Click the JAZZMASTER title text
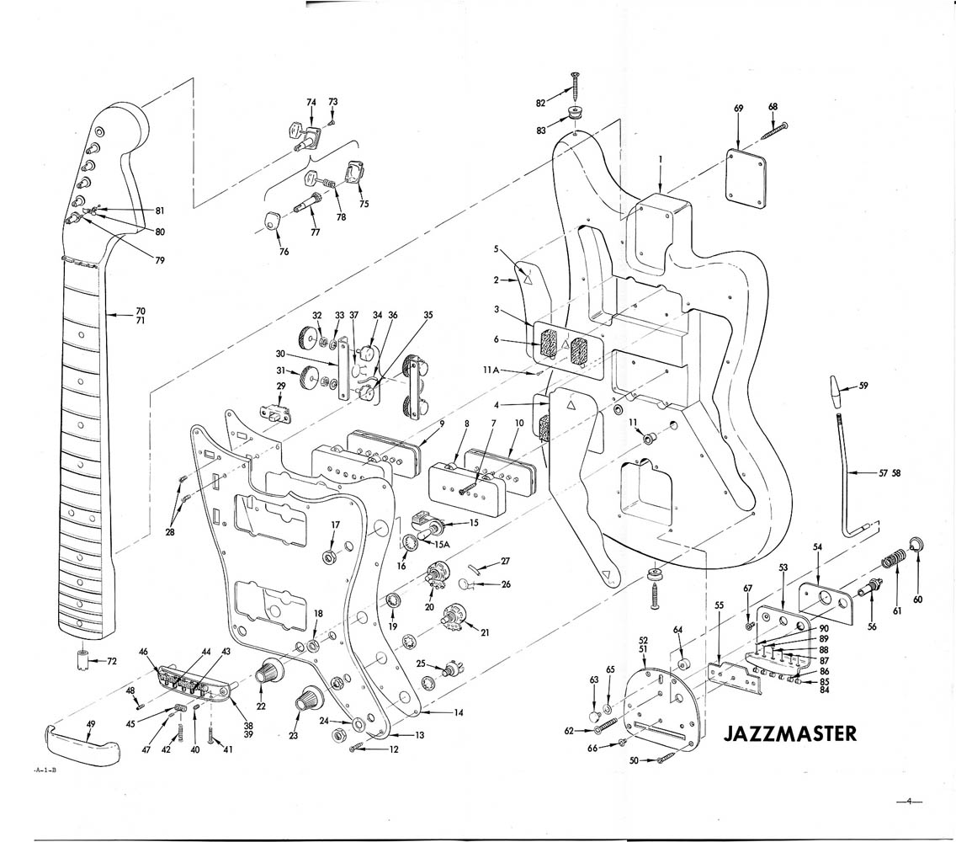click(790, 733)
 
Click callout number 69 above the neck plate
click(738, 109)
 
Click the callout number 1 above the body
click(661, 159)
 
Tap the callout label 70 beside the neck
click(140, 310)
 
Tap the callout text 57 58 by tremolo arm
click(889, 473)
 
